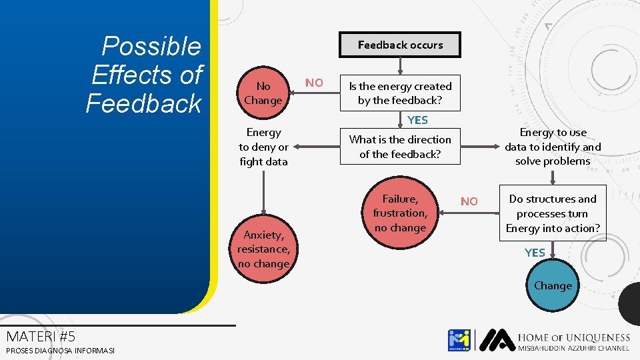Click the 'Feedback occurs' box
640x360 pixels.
(400, 45)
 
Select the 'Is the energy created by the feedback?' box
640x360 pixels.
(400, 93)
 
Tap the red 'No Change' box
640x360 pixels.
(263, 93)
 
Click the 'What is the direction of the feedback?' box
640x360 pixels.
(400, 147)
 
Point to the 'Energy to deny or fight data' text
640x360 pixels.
(263, 147)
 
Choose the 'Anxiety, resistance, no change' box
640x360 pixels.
(263, 249)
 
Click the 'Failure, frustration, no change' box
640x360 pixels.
(400, 213)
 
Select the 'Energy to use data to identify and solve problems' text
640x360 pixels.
(553, 147)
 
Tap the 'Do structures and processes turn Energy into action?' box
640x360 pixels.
(553, 213)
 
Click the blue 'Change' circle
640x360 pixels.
(553, 285)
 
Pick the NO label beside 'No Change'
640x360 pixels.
(314, 83)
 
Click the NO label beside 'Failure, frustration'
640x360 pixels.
(469, 201)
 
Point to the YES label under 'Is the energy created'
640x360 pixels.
(417, 120)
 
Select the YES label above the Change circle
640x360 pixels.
(535, 253)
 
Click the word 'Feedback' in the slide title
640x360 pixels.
(143, 103)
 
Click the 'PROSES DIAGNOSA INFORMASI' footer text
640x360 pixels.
(60, 351)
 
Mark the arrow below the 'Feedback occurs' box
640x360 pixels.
(400, 65)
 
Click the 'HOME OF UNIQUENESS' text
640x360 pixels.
(573, 338)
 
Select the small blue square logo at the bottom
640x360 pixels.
(459, 340)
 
